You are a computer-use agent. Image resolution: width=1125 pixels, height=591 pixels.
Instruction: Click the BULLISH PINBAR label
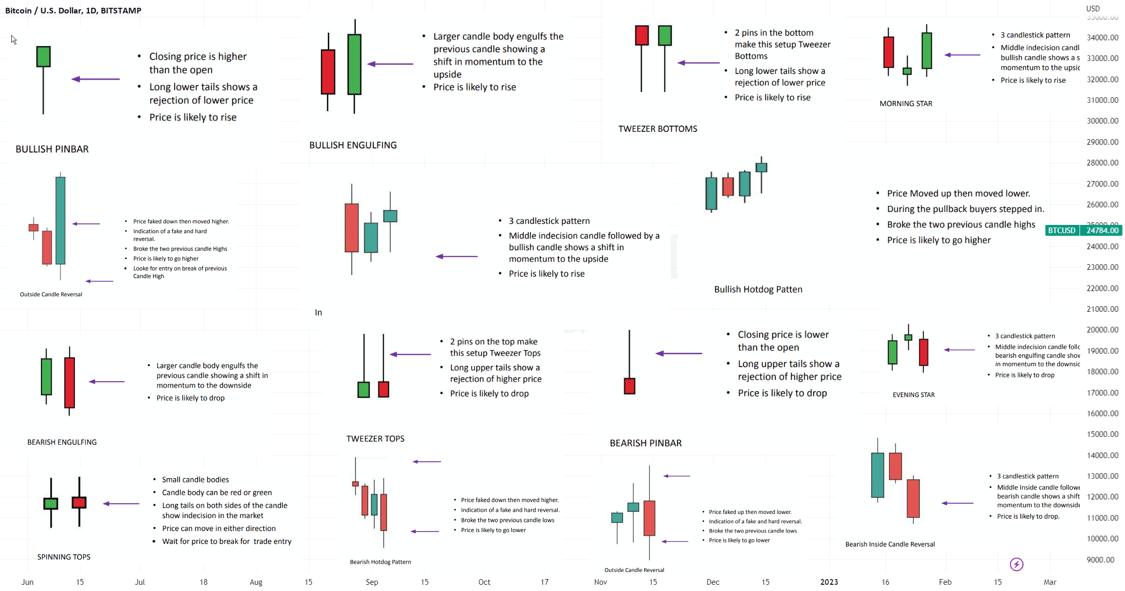(52, 149)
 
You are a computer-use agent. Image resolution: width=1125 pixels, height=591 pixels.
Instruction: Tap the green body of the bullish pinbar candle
(43, 57)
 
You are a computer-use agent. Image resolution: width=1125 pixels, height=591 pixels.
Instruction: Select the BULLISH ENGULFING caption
(353, 145)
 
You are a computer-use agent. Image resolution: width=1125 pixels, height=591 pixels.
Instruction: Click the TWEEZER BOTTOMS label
(658, 129)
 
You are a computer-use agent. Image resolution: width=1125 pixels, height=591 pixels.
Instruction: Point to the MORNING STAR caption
(906, 103)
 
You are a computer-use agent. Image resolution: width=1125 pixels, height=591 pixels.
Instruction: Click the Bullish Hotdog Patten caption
(758, 290)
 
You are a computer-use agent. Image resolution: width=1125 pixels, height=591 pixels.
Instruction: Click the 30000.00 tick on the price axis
(1102, 121)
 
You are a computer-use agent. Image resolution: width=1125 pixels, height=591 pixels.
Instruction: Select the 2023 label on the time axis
(829, 582)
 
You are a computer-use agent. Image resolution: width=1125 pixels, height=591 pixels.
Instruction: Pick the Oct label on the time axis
(484, 582)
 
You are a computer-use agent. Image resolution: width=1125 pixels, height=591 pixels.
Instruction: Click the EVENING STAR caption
(914, 395)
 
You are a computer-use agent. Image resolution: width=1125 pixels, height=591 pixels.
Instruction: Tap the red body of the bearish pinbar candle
(629, 386)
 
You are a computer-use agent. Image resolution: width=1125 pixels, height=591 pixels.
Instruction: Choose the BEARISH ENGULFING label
(62, 442)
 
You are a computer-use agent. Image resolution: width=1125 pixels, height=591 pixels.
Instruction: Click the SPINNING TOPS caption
(64, 557)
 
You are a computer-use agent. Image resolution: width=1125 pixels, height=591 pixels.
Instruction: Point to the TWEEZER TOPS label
(375, 439)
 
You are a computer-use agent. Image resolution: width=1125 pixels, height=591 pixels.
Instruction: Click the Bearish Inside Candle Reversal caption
(890, 544)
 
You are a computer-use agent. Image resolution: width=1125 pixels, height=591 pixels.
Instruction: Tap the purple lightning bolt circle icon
(1016, 564)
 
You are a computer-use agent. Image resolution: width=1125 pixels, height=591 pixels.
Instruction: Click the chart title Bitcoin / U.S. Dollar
(73, 10)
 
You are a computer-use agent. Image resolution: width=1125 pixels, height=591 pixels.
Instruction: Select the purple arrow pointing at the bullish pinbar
(96, 79)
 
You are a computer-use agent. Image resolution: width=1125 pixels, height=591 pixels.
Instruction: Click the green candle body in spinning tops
(51, 503)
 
